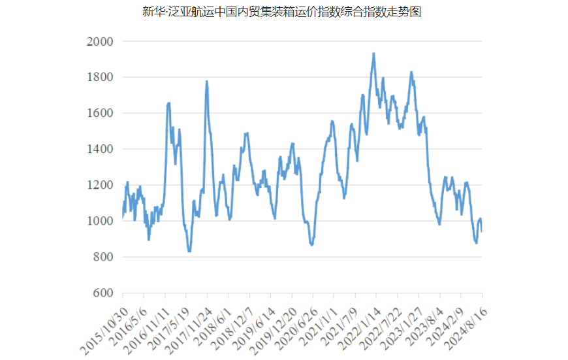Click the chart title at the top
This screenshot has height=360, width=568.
pyautogui.click(x=282, y=12)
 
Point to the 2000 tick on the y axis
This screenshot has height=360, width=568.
pyautogui.click(x=100, y=41)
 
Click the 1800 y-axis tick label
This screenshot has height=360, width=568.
pyautogui.click(x=100, y=77)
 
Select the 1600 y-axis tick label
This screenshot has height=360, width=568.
pyautogui.click(x=100, y=113)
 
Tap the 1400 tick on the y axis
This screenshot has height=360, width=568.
pyautogui.click(x=100, y=149)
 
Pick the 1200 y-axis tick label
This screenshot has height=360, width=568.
pyautogui.click(x=100, y=185)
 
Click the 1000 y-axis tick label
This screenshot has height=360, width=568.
pyautogui.click(x=100, y=221)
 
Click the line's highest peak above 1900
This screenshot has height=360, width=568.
pyautogui.click(x=373, y=54)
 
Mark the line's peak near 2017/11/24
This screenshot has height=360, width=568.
pyautogui.click(x=206, y=82)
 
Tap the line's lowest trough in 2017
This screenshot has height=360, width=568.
pyautogui.click(x=189, y=251)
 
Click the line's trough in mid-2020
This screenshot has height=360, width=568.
pyautogui.click(x=312, y=245)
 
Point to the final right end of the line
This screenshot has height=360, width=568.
pyautogui.click(x=482, y=231)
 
